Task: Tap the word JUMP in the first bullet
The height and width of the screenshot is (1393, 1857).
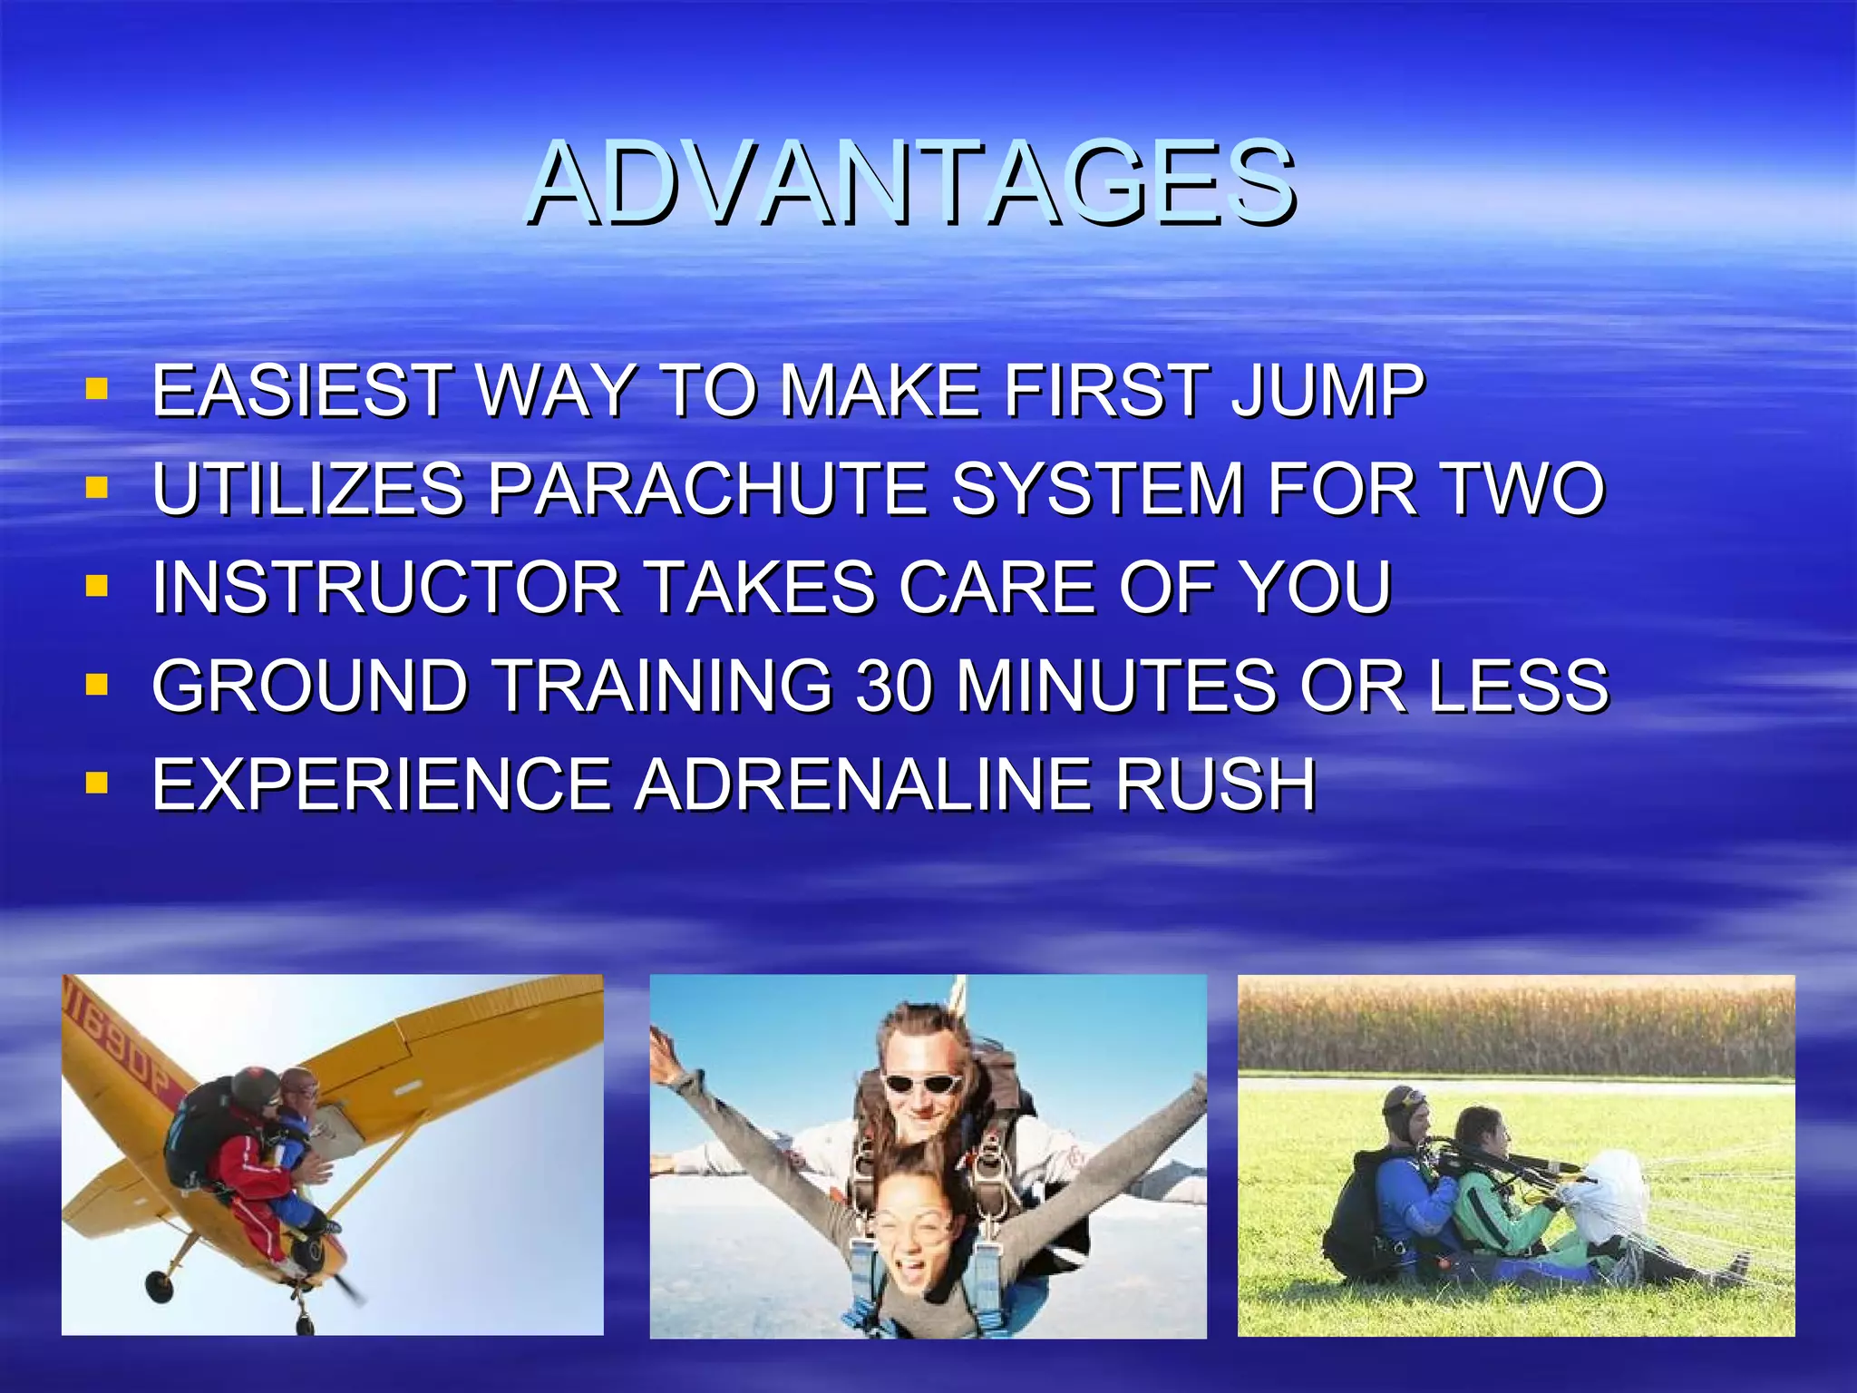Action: tap(1328, 391)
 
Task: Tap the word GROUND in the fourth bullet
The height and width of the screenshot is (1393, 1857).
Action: tap(309, 686)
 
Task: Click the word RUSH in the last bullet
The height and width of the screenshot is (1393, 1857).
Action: tap(1215, 784)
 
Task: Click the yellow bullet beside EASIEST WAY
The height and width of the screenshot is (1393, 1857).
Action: tap(97, 391)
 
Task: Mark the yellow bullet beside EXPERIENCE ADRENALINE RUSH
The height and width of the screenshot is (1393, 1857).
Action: tap(97, 783)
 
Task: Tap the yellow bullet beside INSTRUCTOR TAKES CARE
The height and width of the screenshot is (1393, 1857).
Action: tap(97, 587)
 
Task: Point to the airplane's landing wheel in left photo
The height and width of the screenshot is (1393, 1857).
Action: tap(160, 1285)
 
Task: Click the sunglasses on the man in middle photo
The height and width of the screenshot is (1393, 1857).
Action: tap(922, 1083)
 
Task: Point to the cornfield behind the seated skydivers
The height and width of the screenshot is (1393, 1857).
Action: tap(1514, 1029)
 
